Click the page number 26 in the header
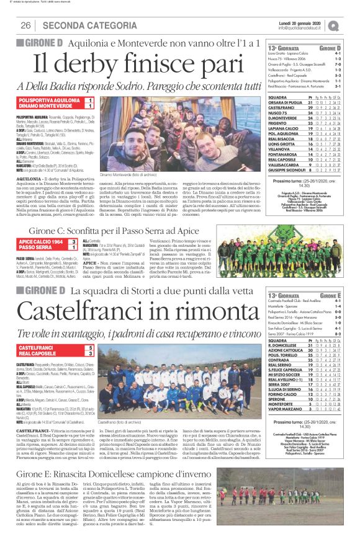26,25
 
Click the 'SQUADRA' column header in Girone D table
277,97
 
